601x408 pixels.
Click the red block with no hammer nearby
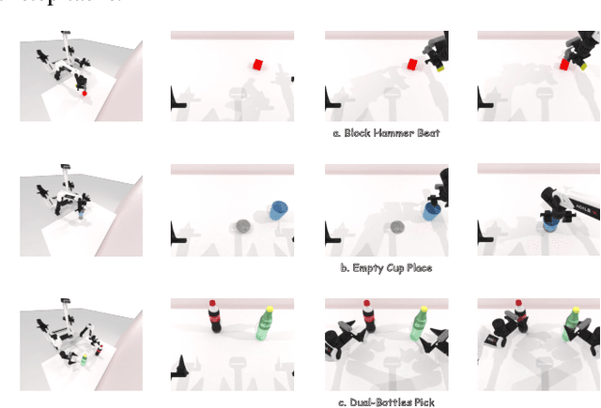(257, 65)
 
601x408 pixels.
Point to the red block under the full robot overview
(85, 93)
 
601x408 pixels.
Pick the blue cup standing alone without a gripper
(278, 209)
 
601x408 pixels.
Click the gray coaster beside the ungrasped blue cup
(243, 226)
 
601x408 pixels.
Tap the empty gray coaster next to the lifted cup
(397, 227)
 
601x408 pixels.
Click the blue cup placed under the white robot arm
(552, 219)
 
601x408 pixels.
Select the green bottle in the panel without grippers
(265, 324)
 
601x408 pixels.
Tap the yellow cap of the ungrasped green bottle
(269, 309)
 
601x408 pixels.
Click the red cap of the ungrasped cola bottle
(213, 304)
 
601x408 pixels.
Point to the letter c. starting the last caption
(341, 402)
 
